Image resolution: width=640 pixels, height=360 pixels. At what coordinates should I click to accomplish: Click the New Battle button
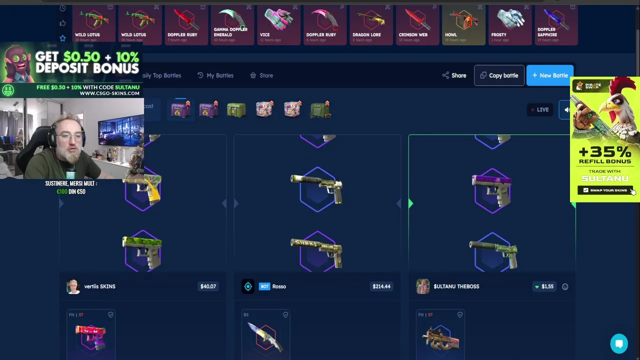549,75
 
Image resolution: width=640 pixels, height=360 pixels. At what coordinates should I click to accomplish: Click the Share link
454,75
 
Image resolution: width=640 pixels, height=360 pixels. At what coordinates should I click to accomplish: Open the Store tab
261,75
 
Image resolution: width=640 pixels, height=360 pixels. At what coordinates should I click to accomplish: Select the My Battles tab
215,75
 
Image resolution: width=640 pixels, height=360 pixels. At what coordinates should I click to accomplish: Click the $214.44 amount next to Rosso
381,286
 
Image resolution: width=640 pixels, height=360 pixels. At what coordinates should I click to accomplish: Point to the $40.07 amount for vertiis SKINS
208,286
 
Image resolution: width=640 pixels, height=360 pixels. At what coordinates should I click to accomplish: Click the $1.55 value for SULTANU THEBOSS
547,286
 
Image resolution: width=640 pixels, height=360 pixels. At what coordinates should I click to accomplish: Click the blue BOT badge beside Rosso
264,286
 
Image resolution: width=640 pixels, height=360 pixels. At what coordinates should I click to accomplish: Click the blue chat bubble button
619,343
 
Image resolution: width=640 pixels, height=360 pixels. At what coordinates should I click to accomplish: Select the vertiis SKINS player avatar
73,286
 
